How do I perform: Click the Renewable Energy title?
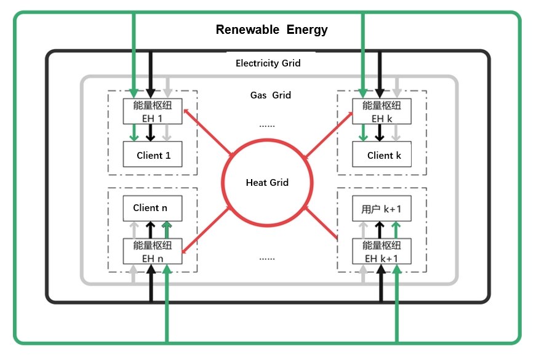tap(271, 30)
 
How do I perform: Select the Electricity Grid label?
tap(268, 63)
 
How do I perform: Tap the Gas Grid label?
tap(270, 95)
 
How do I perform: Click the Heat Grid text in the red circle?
tap(267, 183)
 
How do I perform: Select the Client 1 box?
tap(153, 154)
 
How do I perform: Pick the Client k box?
tap(381, 154)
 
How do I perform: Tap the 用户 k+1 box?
tap(381, 209)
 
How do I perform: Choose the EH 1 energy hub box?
tap(153, 111)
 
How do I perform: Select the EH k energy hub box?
tap(381, 111)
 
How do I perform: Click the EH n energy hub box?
tap(153, 252)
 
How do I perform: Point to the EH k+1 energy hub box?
tap(381, 252)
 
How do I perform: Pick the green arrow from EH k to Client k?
tap(363, 132)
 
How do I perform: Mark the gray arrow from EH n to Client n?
tap(134, 230)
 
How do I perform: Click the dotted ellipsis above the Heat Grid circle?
tap(267, 125)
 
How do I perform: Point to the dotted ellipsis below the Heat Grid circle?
tap(267, 257)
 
